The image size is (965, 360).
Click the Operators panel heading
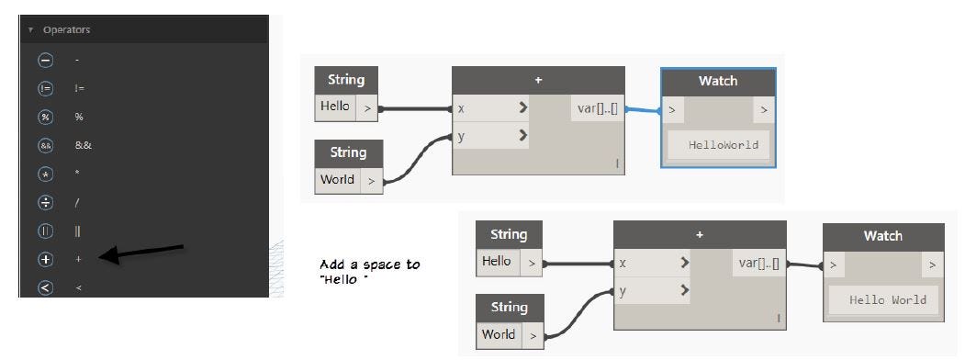[66, 30]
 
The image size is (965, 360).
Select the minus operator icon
[45, 60]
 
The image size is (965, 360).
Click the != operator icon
[45, 88]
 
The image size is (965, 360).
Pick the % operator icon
[45, 117]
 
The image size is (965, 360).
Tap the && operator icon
[45, 145]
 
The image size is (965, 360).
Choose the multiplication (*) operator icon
[45, 174]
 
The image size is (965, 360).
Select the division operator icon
[45, 202]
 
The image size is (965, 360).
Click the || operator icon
[45, 231]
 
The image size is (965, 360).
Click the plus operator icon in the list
[45, 259]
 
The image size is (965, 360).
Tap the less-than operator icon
[45, 287]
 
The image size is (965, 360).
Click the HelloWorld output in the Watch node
[716, 144]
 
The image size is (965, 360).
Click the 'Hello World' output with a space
[887, 299]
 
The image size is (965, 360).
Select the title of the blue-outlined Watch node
[717, 81]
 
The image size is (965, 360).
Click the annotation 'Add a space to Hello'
[370, 271]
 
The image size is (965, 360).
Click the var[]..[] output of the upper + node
[599, 108]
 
